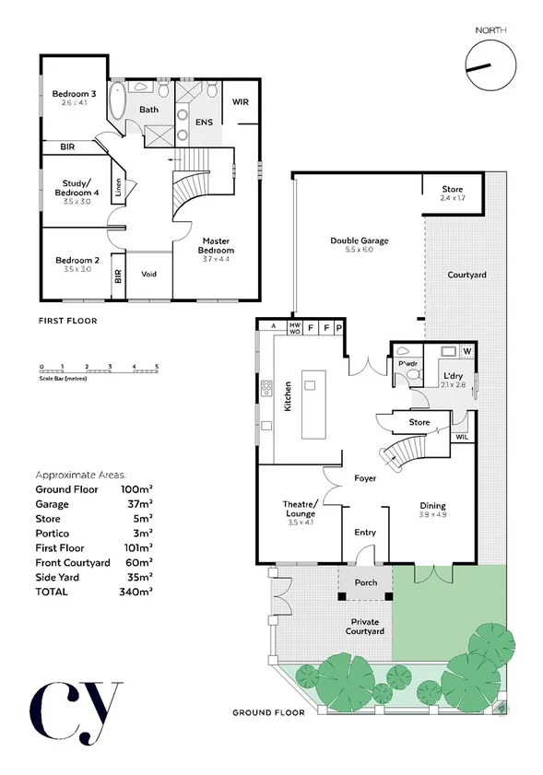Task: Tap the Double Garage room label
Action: coord(359,241)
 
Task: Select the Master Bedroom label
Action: coord(218,246)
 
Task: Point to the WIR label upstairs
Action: coord(241,102)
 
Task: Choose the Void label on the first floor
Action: coord(148,274)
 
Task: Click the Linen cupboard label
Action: coord(118,187)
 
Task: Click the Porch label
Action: coord(366,581)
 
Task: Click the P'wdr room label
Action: coord(407,365)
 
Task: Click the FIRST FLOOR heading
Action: coord(67,321)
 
